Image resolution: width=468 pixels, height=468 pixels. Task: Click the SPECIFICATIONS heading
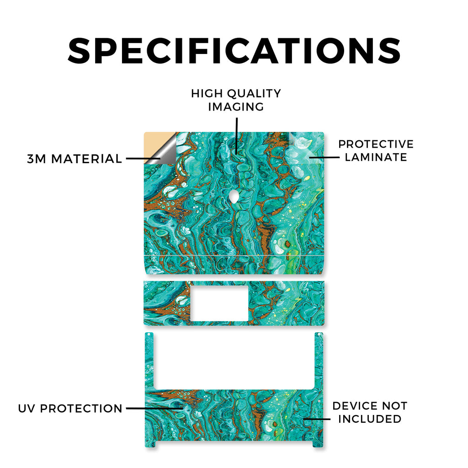click(x=234, y=51)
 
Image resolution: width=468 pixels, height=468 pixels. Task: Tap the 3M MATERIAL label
click(x=74, y=159)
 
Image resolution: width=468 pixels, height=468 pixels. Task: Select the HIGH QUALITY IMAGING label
click(x=236, y=100)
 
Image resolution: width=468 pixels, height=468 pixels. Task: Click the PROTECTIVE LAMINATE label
click(x=376, y=151)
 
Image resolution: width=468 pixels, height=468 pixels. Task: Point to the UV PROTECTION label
click(x=70, y=408)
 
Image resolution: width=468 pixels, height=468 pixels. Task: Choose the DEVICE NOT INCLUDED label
click(x=370, y=412)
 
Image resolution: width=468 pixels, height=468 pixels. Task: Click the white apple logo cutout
click(x=234, y=197)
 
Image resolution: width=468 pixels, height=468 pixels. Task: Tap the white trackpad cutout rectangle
click(x=219, y=303)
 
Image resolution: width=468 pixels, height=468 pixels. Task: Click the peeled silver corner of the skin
click(x=164, y=152)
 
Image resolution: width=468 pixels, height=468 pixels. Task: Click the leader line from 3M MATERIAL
click(x=143, y=159)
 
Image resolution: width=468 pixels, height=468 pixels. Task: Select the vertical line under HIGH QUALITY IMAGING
click(x=237, y=135)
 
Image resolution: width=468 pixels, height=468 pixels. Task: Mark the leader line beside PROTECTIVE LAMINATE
click(x=324, y=157)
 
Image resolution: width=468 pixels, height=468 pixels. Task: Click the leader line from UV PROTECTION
click(x=154, y=408)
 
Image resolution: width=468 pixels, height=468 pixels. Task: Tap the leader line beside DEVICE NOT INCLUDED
click(x=317, y=419)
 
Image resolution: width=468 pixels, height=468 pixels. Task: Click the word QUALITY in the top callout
click(x=254, y=94)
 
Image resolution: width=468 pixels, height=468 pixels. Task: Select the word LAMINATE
click(x=376, y=157)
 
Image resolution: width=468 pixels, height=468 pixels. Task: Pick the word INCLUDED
click(x=370, y=419)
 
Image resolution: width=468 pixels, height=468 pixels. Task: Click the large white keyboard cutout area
click(x=234, y=361)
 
